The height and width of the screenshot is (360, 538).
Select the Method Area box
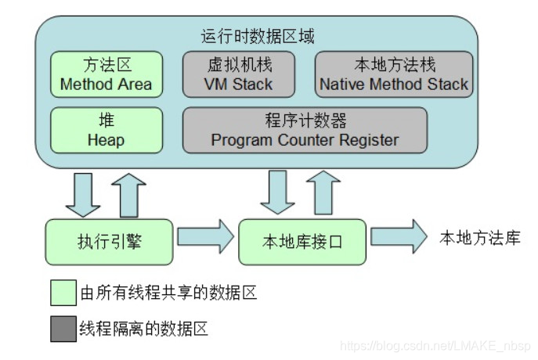(107, 74)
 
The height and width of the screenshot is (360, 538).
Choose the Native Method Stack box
(394, 74)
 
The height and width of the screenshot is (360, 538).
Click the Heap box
(107, 130)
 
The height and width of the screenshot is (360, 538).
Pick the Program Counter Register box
(305, 130)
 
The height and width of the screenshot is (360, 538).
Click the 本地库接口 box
(301, 240)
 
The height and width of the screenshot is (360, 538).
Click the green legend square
(63, 293)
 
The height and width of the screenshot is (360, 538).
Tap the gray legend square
(63, 328)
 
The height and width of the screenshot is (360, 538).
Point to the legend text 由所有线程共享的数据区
(168, 293)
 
